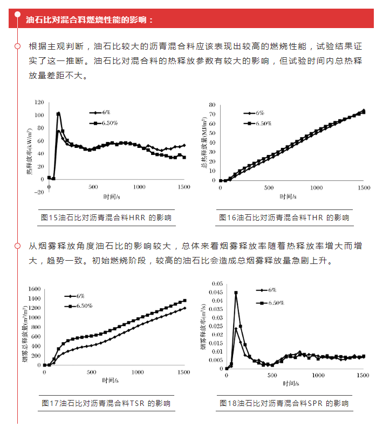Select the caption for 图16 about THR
click(x=284, y=218)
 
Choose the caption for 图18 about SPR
click(x=284, y=403)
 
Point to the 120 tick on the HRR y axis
click(x=38, y=102)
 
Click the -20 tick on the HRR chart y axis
click(x=38, y=192)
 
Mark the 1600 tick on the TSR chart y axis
click(x=33, y=288)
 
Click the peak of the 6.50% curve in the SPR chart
click(x=236, y=293)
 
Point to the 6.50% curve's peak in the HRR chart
click(x=58, y=113)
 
